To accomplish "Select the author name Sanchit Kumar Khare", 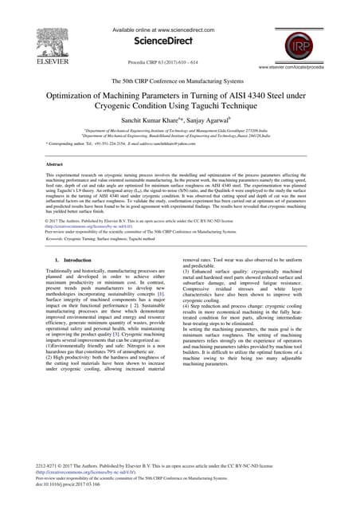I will (x=147, y=124).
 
